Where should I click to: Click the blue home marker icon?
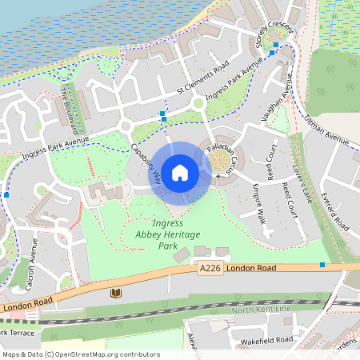(180, 172)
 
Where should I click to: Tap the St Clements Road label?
(202, 76)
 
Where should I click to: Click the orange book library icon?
(116, 294)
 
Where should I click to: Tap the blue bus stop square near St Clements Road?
(163, 115)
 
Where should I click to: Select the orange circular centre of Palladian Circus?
(220, 163)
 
